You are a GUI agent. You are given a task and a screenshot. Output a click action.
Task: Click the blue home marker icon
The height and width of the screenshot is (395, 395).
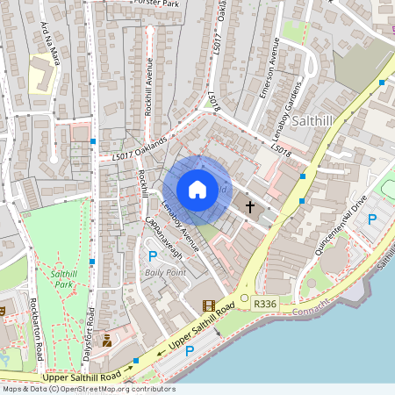(x=197, y=189)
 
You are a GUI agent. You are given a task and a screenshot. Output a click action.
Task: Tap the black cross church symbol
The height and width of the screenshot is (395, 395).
(x=250, y=207)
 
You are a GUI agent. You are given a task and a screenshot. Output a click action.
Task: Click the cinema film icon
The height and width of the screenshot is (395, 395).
(x=208, y=306)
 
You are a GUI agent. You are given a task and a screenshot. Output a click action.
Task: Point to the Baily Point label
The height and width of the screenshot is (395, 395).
(x=165, y=273)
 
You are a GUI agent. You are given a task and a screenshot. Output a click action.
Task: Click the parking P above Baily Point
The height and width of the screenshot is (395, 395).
(x=153, y=256)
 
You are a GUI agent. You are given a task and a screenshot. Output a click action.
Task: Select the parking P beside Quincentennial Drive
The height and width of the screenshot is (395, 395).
(x=370, y=219)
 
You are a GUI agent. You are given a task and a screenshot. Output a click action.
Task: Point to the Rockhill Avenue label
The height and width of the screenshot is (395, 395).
(x=149, y=86)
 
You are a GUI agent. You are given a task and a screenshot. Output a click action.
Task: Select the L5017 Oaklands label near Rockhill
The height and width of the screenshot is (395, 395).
(x=139, y=150)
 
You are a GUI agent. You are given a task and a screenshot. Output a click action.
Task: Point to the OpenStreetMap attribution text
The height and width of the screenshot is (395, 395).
(x=88, y=389)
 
